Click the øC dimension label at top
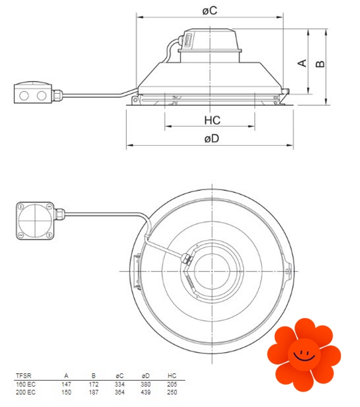[209, 11]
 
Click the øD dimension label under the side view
[212, 139]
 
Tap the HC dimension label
[212, 121]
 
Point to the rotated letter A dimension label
[302, 63]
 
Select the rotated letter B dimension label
[320, 64]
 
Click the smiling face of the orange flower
[304, 355]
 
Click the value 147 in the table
[67, 384]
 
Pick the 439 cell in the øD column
[146, 392]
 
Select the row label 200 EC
[25, 392]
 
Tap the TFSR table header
[23, 376]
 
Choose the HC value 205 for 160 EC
[172, 384]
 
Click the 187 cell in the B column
[94, 392]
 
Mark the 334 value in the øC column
[119, 384]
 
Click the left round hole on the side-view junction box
[24, 96]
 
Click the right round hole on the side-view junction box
[41, 96]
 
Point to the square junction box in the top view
[35, 221]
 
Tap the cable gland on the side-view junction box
[58, 96]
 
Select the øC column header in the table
[119, 376]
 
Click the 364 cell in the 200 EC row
[119, 392]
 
